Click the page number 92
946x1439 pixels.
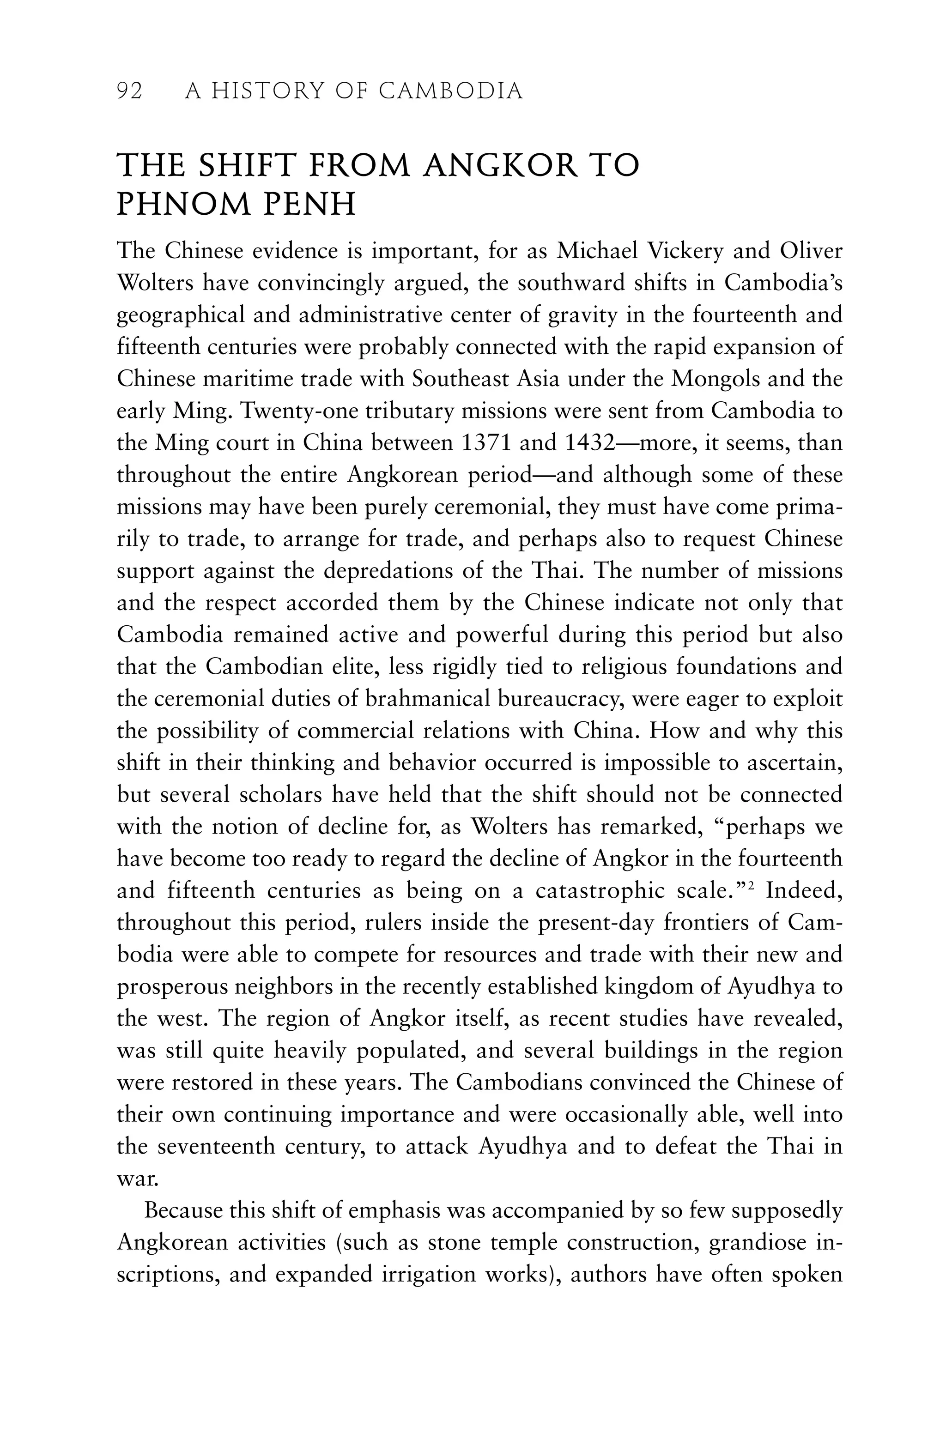click(129, 92)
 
